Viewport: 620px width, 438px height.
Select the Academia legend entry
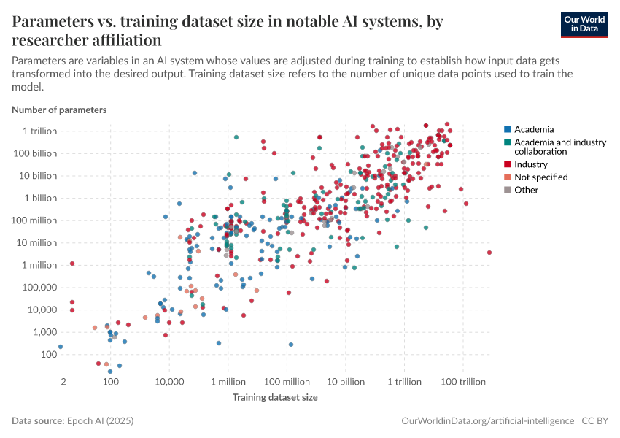click(534, 129)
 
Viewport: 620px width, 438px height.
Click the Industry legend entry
click(530, 164)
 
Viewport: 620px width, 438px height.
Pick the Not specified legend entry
click(540, 177)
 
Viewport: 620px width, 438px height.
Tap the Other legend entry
click(526, 190)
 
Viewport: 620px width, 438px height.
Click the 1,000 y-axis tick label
click(44, 331)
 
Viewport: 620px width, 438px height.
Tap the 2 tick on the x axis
click(63, 382)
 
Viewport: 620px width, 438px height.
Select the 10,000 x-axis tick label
click(169, 382)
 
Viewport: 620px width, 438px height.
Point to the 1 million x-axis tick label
click(228, 382)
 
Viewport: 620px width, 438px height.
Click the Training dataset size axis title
click(275, 397)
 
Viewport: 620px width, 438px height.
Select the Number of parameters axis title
click(59, 109)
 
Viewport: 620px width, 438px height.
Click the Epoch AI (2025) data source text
click(101, 421)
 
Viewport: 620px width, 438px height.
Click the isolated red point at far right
click(489, 253)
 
